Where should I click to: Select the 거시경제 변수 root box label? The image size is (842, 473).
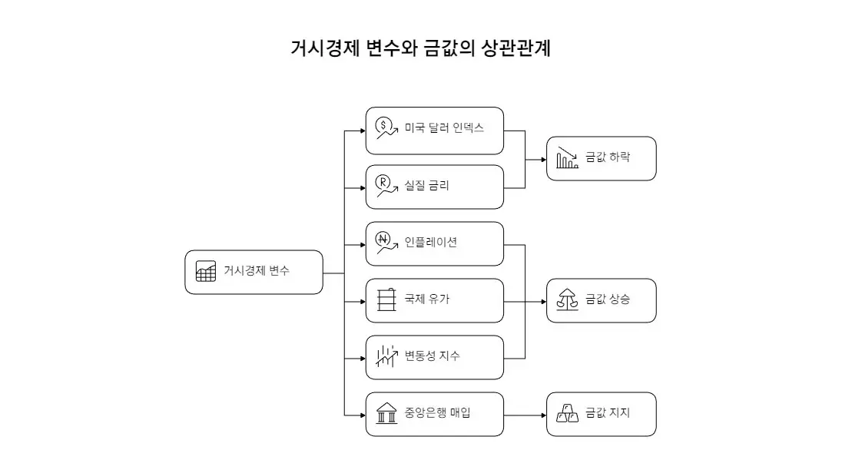pyautogui.click(x=257, y=271)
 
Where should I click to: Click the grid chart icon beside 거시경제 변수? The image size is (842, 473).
pyautogui.click(x=206, y=271)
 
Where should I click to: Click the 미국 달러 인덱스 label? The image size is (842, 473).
pyautogui.click(x=444, y=128)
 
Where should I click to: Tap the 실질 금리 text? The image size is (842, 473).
pyautogui.click(x=426, y=185)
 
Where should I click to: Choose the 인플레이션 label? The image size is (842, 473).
pyautogui.click(x=430, y=242)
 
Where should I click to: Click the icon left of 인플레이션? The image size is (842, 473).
pyautogui.click(x=386, y=242)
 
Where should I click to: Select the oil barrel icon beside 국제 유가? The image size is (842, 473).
pyautogui.click(x=386, y=299)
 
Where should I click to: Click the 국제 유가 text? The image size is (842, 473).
pyautogui.click(x=426, y=299)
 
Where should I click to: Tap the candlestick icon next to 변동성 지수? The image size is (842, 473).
pyautogui.click(x=386, y=356)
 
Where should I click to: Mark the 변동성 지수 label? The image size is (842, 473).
pyautogui.click(x=433, y=356)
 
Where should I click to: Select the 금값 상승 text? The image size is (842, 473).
pyautogui.click(x=607, y=299)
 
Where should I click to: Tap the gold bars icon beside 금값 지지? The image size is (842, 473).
pyautogui.click(x=567, y=413)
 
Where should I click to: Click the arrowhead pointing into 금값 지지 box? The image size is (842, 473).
pyautogui.click(x=543, y=415)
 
